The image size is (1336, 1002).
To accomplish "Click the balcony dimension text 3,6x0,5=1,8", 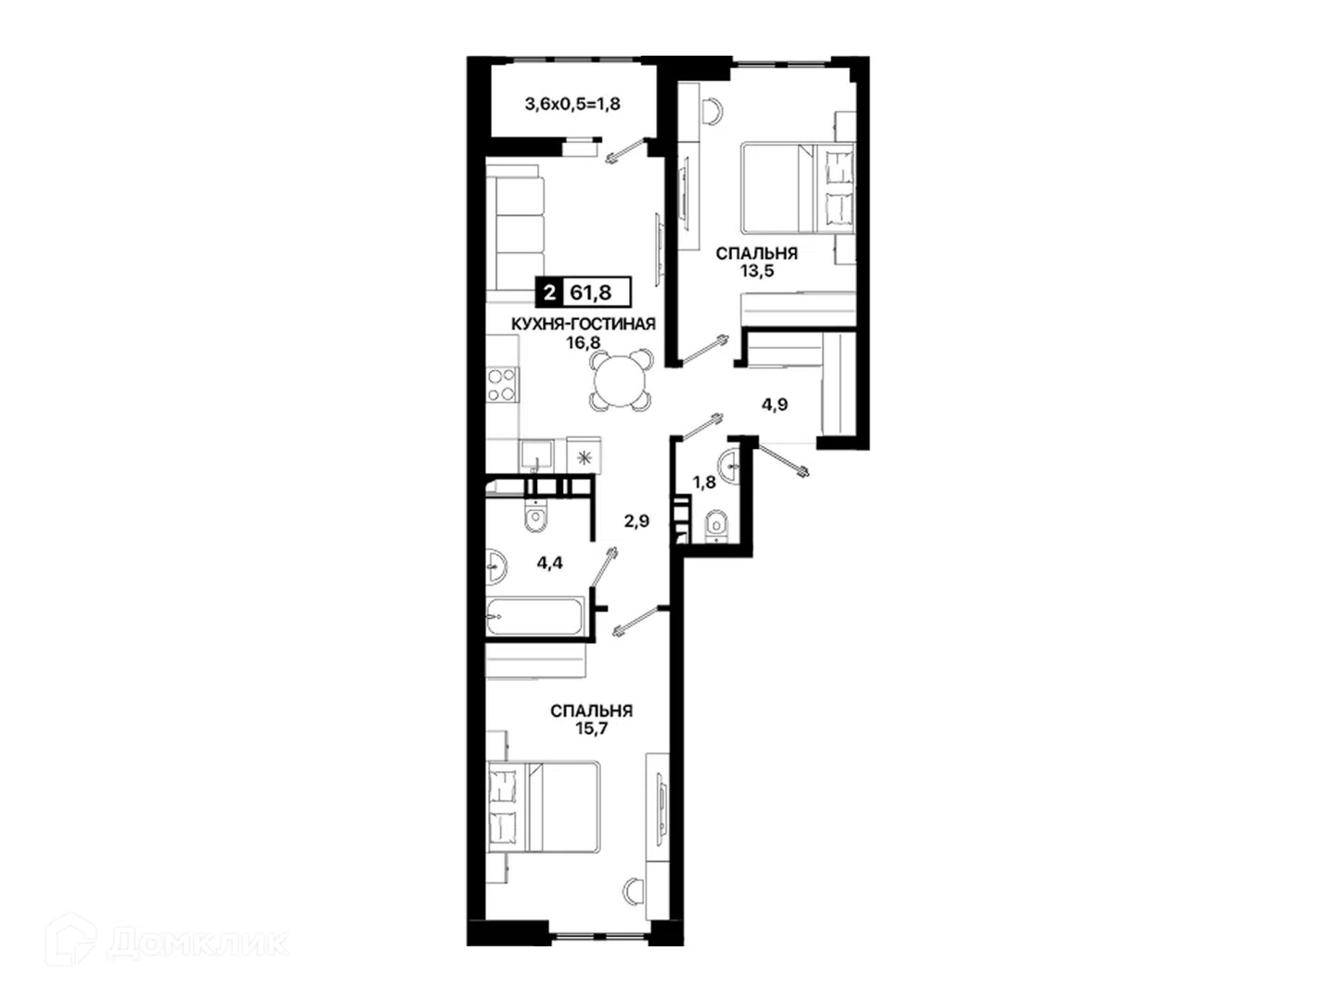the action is tap(572, 104).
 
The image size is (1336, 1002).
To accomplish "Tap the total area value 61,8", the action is tap(590, 292).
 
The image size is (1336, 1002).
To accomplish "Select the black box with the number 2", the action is tap(549, 292).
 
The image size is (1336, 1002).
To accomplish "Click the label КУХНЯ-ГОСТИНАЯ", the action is tap(583, 325).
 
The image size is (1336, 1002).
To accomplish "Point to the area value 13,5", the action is tap(756, 271).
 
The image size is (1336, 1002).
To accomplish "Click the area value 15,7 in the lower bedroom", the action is tap(592, 728).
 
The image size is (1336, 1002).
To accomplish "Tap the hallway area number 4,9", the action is tap(775, 405).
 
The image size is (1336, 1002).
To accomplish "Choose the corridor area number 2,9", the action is tap(636, 520).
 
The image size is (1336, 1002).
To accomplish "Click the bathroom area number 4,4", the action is tap(549, 563).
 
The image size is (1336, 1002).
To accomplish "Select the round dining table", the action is tap(620, 380).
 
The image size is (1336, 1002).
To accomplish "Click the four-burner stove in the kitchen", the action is tap(502, 384).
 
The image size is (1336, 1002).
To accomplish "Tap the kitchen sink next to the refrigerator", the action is tap(536, 456).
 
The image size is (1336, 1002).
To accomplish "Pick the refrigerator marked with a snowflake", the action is tap(584, 455).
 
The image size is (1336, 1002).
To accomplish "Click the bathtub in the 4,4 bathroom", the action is tap(535, 616).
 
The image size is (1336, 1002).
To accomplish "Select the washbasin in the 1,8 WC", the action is tap(728, 466).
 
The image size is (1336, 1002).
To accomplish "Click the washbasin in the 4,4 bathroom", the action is tap(495, 567).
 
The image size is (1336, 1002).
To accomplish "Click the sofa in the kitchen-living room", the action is tap(515, 232).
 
